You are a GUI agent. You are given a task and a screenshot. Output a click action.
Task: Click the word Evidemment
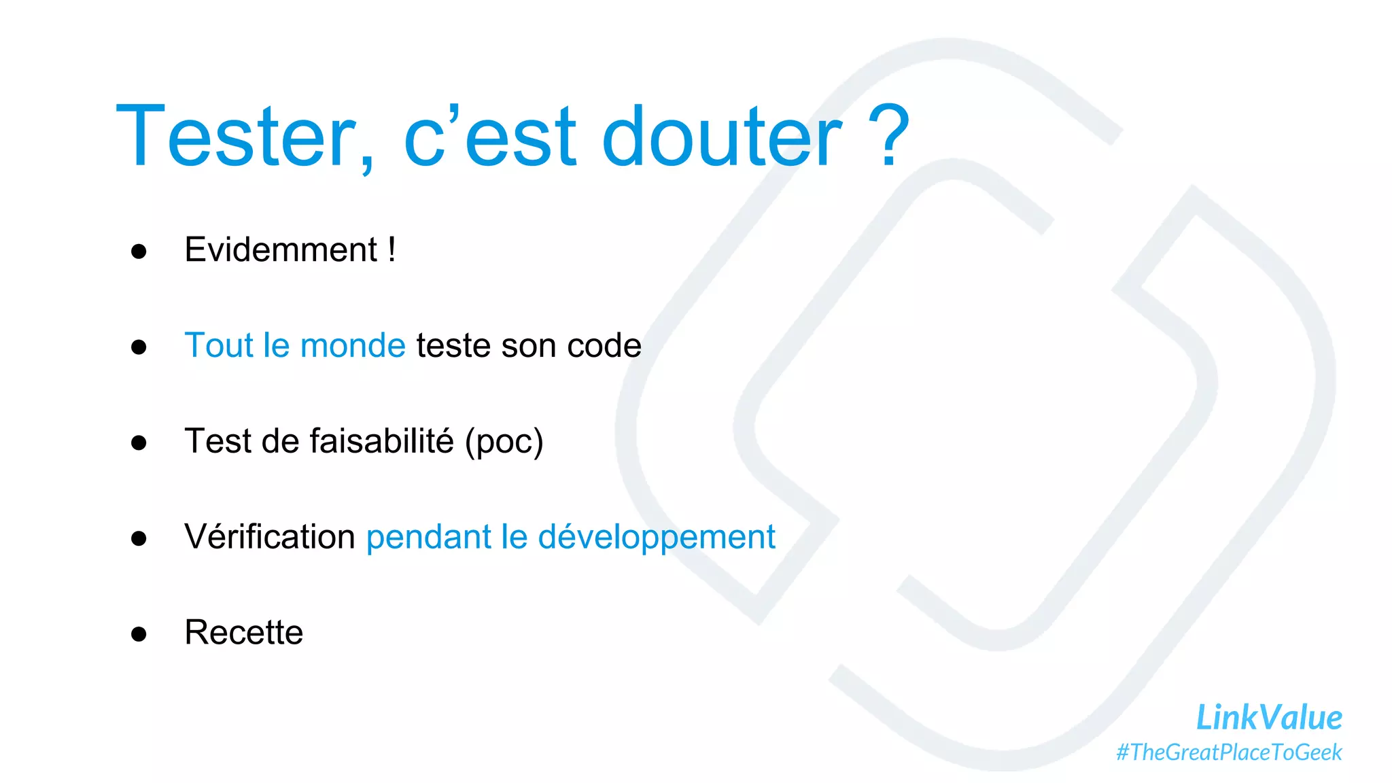(281, 249)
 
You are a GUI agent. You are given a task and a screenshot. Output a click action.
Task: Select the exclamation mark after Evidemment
(392, 249)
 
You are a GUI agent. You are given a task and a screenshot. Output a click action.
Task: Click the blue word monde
(353, 346)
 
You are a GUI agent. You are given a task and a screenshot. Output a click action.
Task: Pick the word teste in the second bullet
(453, 346)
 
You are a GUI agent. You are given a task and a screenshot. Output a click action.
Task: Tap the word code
(604, 346)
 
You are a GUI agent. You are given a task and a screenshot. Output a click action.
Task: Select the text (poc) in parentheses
(504, 442)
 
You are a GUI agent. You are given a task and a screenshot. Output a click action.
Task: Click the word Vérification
(270, 536)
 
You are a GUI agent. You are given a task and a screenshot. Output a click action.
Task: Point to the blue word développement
(657, 538)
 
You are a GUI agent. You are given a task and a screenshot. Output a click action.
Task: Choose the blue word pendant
(428, 538)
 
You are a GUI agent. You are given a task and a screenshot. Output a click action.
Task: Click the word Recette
(244, 633)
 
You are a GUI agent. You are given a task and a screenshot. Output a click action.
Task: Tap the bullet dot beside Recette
(139, 634)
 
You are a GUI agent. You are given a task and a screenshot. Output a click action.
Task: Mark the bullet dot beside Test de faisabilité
(139, 443)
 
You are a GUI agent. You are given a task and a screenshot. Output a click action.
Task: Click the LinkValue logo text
(1269, 718)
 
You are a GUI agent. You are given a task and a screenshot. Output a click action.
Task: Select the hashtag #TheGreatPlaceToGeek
(1229, 752)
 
